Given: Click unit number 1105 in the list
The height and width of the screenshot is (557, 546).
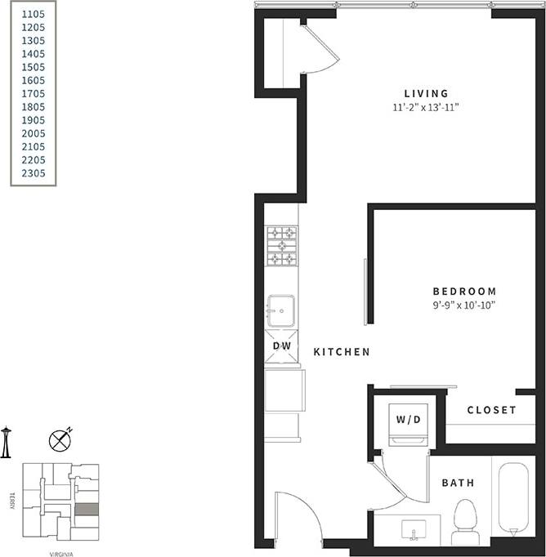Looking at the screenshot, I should point(34,14).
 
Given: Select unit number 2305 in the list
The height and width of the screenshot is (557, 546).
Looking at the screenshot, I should point(34,173).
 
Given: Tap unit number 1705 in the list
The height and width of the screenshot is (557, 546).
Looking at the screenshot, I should point(34,94).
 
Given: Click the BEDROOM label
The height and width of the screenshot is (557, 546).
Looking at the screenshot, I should point(464,292).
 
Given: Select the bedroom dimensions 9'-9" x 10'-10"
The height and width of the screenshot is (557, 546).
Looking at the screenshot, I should point(464,305).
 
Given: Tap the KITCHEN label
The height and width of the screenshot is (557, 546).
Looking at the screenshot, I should point(342,352).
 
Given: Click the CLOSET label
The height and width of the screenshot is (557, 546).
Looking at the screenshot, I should point(491,410).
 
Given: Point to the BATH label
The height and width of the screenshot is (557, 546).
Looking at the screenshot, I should point(458,483).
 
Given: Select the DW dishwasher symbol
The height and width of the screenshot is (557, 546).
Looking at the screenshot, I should point(281,346).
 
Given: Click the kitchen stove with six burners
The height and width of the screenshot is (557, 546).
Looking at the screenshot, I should point(281,246).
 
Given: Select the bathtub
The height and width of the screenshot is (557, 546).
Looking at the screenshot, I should point(513,497).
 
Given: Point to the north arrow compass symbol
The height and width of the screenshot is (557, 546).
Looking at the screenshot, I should point(60,440).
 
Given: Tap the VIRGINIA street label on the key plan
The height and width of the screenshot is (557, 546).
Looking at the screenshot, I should point(60,553).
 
